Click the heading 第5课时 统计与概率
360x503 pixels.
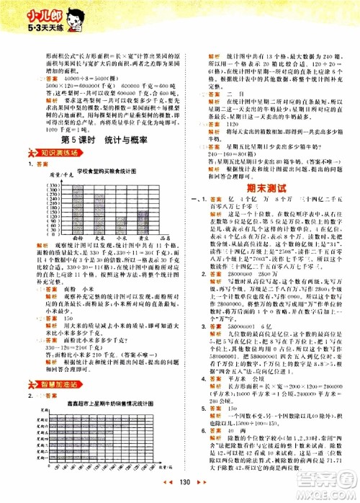pyautogui.click(x=91, y=119)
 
